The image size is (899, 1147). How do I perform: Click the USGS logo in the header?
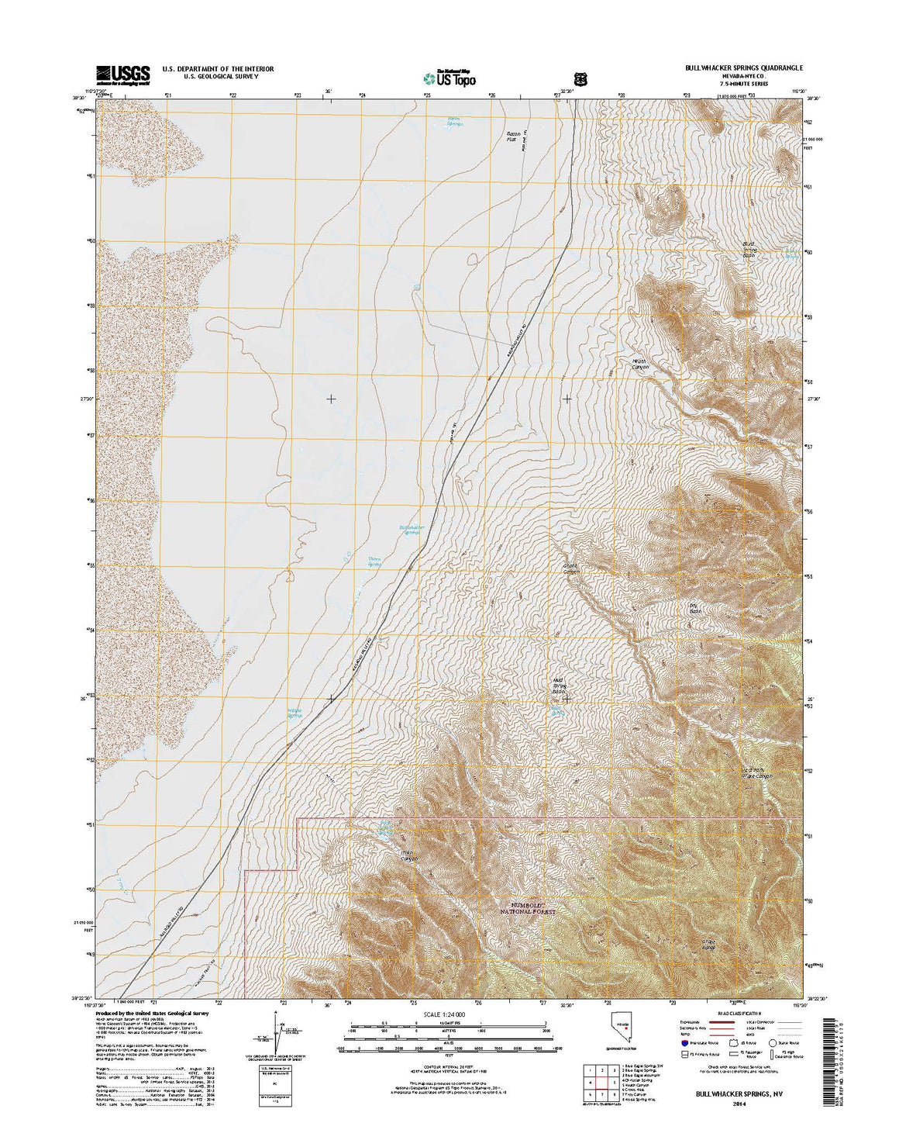pyautogui.click(x=122, y=74)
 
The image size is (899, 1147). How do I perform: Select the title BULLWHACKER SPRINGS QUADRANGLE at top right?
pyautogui.click(x=744, y=68)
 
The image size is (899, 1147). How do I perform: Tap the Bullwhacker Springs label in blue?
pyautogui.click(x=408, y=530)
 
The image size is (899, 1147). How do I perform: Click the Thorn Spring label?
pyautogui.click(x=374, y=561)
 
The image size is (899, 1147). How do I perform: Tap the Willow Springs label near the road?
pyautogui.click(x=294, y=712)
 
